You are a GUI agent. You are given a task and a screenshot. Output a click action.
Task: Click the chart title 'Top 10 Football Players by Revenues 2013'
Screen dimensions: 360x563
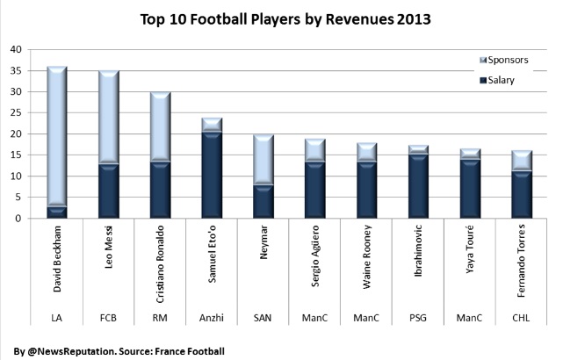tap(281, 18)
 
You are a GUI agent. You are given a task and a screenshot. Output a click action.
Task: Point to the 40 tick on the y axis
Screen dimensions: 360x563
tap(16, 50)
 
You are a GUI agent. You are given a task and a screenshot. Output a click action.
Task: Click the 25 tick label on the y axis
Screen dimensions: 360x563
tap(16, 113)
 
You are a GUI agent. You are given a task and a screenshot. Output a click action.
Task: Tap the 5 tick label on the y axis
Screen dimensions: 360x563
tap(18, 198)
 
